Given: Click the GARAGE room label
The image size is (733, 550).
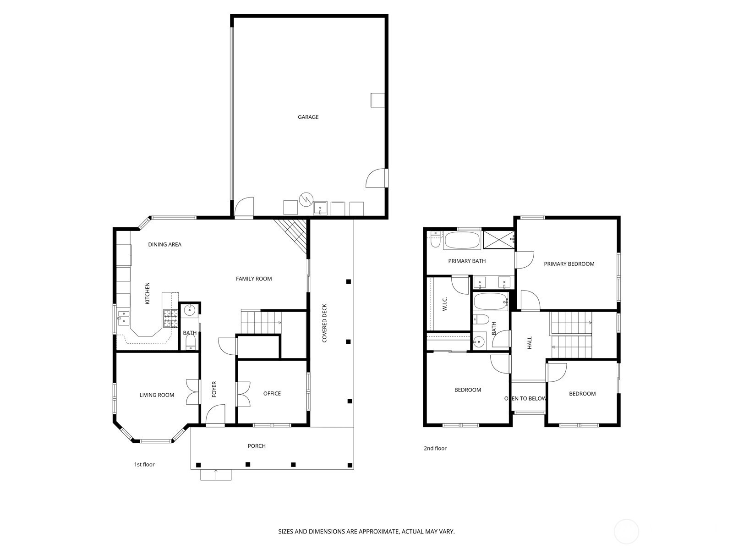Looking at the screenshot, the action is click(x=308, y=117).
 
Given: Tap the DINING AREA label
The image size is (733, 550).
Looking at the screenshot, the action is click(x=164, y=244).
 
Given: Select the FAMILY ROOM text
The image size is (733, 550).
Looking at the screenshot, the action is click(x=254, y=279).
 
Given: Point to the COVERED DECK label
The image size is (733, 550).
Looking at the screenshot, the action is click(x=324, y=323).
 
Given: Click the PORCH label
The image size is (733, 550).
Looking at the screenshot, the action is click(x=257, y=446).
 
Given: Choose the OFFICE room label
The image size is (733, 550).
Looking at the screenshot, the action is click(x=272, y=393).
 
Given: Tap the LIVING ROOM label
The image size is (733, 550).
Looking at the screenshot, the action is click(x=157, y=395).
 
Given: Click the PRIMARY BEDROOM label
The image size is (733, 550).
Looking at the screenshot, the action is click(x=569, y=264).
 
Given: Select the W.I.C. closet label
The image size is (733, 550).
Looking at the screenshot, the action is click(x=444, y=304).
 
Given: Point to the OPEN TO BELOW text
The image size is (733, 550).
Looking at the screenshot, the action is click(x=525, y=398).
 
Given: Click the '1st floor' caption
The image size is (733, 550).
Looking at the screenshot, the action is click(x=144, y=464).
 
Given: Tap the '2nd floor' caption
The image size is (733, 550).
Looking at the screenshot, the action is click(x=435, y=448).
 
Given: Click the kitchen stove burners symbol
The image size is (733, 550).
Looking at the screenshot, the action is click(x=170, y=318).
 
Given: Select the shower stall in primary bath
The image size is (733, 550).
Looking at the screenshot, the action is click(x=499, y=239).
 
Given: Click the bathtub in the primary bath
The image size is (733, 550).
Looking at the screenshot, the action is click(x=463, y=240).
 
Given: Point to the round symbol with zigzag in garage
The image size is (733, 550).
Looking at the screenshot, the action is click(x=306, y=199).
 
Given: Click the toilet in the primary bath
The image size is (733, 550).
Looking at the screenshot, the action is click(x=435, y=239).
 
